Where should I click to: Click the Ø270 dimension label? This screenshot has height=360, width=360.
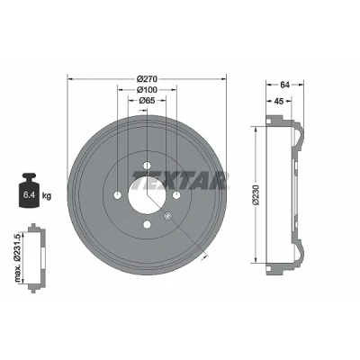147,79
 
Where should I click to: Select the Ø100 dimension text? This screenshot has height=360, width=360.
147,90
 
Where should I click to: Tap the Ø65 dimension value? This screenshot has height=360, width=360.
147,101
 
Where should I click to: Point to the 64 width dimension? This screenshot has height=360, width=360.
284,85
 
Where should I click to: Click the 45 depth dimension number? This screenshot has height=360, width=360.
279,101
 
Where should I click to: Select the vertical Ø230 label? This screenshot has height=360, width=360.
256,195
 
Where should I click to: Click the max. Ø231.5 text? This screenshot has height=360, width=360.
19,257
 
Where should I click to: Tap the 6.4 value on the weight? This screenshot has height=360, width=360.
30,195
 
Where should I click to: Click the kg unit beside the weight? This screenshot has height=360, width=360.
47,196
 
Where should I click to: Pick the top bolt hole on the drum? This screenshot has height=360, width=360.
147,165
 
